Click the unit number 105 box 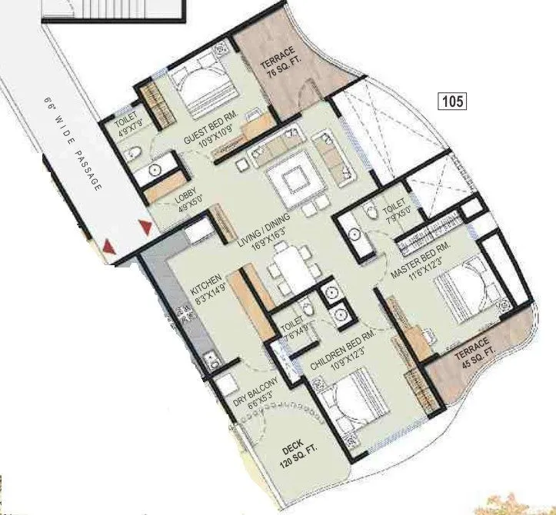[454, 101]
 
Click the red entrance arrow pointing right [145, 226]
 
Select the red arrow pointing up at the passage [109, 247]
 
